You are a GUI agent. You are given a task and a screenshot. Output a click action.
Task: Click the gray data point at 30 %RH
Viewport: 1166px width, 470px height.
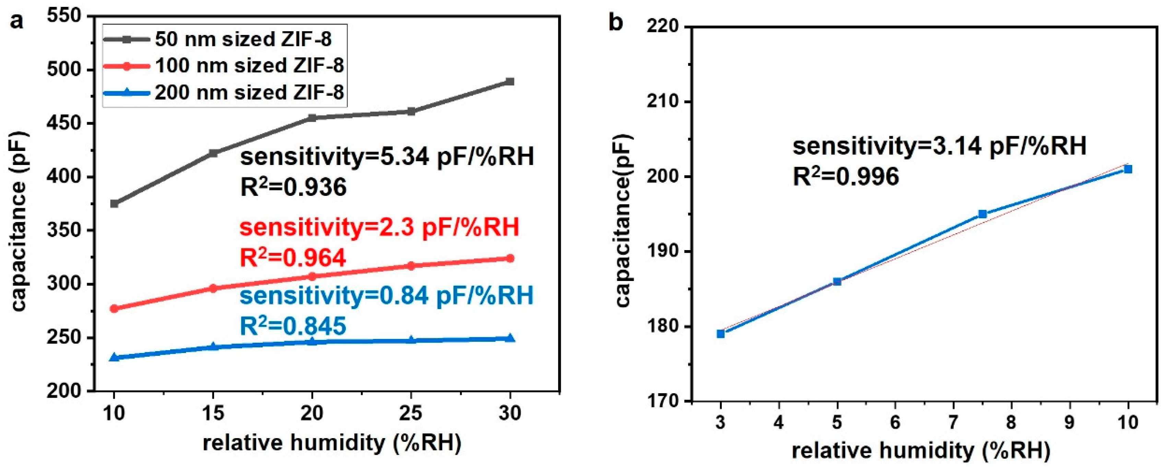coord(510,82)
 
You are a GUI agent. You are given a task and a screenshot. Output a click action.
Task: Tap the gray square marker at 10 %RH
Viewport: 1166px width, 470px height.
coord(114,204)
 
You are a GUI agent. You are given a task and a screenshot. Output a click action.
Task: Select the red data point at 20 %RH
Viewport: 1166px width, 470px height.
coord(312,276)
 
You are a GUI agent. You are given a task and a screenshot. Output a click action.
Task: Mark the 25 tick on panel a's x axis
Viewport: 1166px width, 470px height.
coord(411,413)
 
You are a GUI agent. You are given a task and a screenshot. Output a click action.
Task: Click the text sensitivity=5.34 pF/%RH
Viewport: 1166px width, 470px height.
coord(387,157)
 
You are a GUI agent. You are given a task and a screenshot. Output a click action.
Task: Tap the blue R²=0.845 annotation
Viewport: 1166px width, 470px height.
coord(293,326)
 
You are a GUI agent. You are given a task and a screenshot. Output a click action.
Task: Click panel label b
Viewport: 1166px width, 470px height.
coord(616,22)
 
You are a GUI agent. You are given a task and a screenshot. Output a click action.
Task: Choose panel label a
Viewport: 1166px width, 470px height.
coord(17,21)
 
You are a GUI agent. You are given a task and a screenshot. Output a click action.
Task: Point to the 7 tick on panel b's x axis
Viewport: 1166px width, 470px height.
coord(953,422)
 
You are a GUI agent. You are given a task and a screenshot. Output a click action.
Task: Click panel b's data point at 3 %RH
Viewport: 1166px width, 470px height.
coord(721,334)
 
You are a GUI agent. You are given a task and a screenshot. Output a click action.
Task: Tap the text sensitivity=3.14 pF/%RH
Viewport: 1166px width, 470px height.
coord(939,146)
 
